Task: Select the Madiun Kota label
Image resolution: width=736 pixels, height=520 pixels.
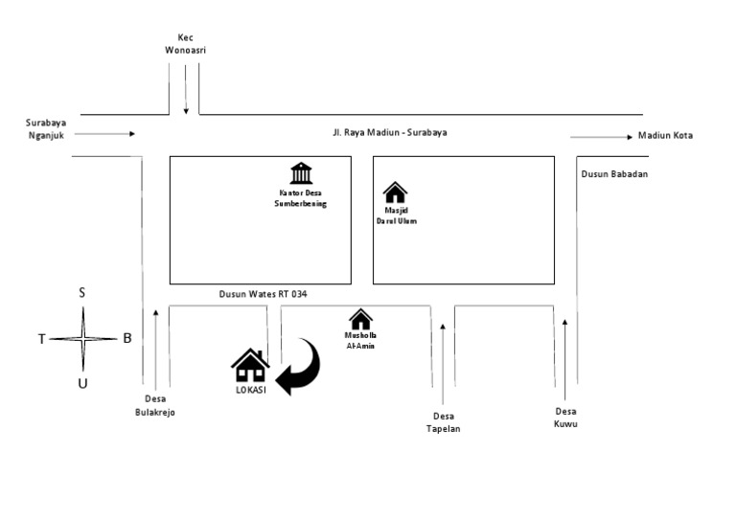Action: coord(665,136)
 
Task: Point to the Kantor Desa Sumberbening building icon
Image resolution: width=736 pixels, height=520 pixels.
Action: coord(301,173)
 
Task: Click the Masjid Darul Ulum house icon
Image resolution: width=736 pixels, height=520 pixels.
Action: coord(395,192)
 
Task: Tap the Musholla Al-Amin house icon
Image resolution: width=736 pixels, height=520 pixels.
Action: coord(360,319)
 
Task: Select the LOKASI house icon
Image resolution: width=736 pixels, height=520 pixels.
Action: coord(250,366)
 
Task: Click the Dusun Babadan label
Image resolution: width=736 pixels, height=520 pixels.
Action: coord(614,174)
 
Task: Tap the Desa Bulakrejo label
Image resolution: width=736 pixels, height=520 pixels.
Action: coord(155,406)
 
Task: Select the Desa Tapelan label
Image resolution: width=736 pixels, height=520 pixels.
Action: coord(443,422)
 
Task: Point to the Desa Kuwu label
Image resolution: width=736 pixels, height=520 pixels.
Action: coord(564,418)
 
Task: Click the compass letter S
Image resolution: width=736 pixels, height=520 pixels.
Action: coord(82,293)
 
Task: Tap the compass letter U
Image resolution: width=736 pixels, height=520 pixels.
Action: coord(82,384)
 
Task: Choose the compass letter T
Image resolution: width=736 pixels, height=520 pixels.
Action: coord(41,339)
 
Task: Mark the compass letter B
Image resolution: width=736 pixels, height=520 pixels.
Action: coord(126,338)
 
